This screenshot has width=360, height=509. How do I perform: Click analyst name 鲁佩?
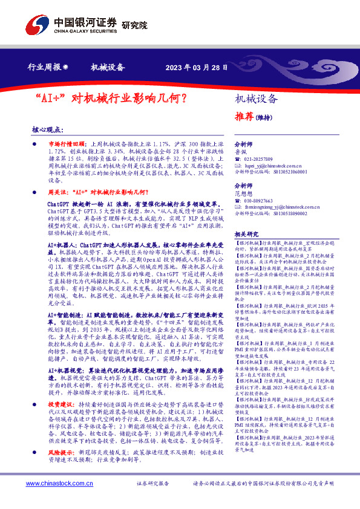click(x=240, y=152)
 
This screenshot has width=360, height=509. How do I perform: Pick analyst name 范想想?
click(x=244, y=193)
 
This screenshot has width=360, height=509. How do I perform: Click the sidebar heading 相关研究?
click(x=246, y=234)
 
